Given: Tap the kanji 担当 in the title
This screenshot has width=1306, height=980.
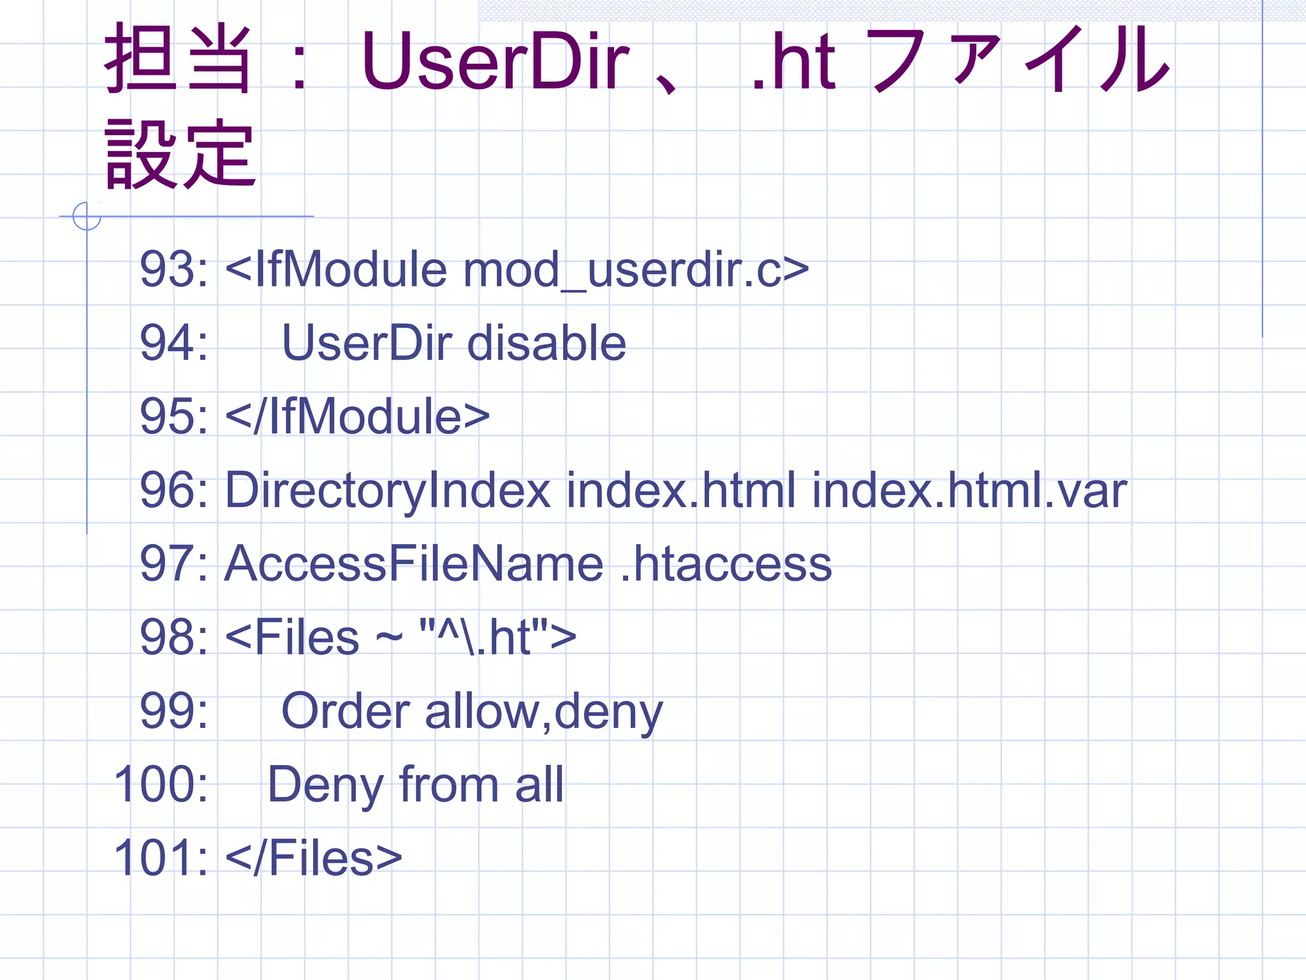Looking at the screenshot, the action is pos(178,59).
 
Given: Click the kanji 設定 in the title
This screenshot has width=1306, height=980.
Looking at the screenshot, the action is pos(180,155).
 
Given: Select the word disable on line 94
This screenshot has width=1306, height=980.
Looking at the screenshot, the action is pos(547,343).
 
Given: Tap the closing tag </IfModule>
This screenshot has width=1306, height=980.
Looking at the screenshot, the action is pos(358,417).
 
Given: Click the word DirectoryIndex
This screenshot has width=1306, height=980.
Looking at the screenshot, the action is pos(388,491).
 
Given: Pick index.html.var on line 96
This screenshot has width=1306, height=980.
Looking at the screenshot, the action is pos(969,491).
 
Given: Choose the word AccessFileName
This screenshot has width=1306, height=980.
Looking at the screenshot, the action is pos(414,564).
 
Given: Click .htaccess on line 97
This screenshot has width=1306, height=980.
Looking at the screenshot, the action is pos(726,564).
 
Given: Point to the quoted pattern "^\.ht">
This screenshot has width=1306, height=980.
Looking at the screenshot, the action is pos(498,637).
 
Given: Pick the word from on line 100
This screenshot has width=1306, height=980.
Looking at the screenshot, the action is pos(448,784).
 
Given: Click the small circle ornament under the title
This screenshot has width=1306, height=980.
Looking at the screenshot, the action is pos(87,216).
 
